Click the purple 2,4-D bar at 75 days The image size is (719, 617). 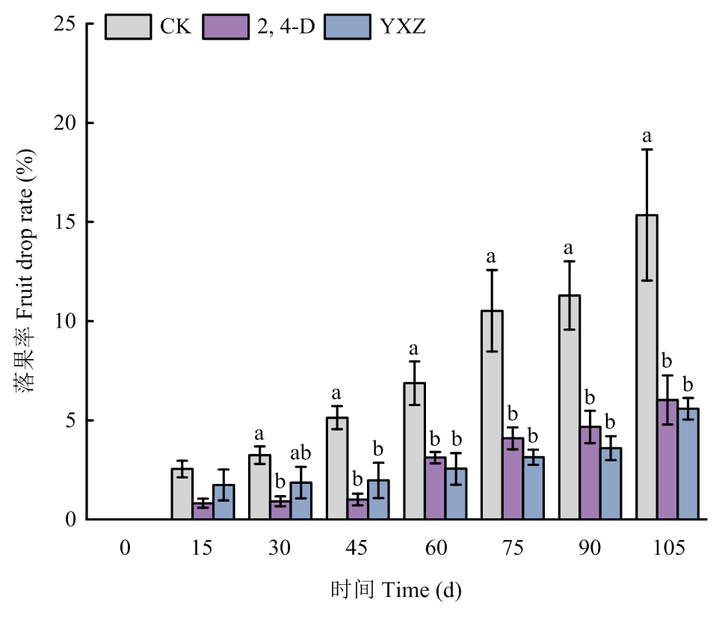[x=513, y=479]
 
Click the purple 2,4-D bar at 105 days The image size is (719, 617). [x=667, y=459]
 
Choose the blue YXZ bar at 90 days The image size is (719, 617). [x=611, y=483]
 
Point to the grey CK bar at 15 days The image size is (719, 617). [x=182, y=494]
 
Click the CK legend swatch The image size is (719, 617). [x=128, y=27]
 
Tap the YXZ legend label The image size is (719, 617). [x=402, y=27]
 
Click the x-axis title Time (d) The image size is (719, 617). [x=396, y=590]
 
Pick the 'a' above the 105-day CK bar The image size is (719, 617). [x=647, y=137]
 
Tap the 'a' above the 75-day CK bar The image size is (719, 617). [x=492, y=257]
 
